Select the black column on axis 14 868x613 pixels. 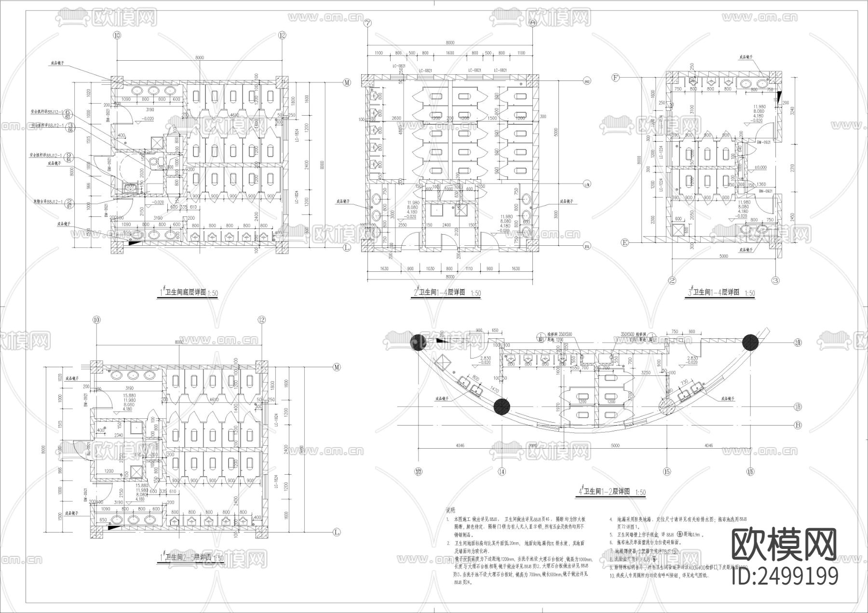click(502, 406)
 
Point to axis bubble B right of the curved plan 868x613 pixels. click(797, 426)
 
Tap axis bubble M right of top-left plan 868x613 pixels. click(347, 83)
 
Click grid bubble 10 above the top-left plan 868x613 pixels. click(116, 35)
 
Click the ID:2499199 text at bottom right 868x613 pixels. click(785, 575)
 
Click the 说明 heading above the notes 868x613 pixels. click(449, 510)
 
